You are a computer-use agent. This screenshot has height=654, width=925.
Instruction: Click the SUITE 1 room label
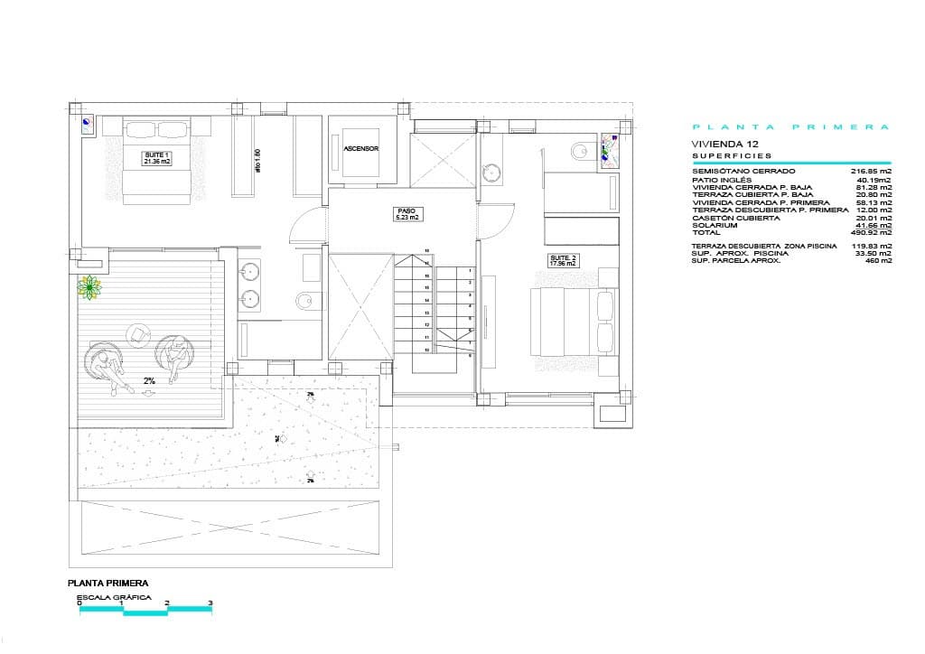157,158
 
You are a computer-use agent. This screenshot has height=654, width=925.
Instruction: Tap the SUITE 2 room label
563,261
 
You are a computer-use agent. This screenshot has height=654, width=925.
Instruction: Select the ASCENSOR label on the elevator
360,148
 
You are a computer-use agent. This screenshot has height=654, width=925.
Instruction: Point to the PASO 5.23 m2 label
407,214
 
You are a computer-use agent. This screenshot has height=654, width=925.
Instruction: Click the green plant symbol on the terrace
89,288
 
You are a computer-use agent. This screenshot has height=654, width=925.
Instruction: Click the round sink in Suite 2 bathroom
492,172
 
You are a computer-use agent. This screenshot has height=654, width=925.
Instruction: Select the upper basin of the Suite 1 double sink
251,270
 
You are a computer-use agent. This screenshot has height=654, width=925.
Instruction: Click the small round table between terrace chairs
138,335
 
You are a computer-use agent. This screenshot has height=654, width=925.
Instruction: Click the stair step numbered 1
470,270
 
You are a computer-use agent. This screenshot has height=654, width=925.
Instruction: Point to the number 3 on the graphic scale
210,603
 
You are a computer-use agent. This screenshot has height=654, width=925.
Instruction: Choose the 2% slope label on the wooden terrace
149,381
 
